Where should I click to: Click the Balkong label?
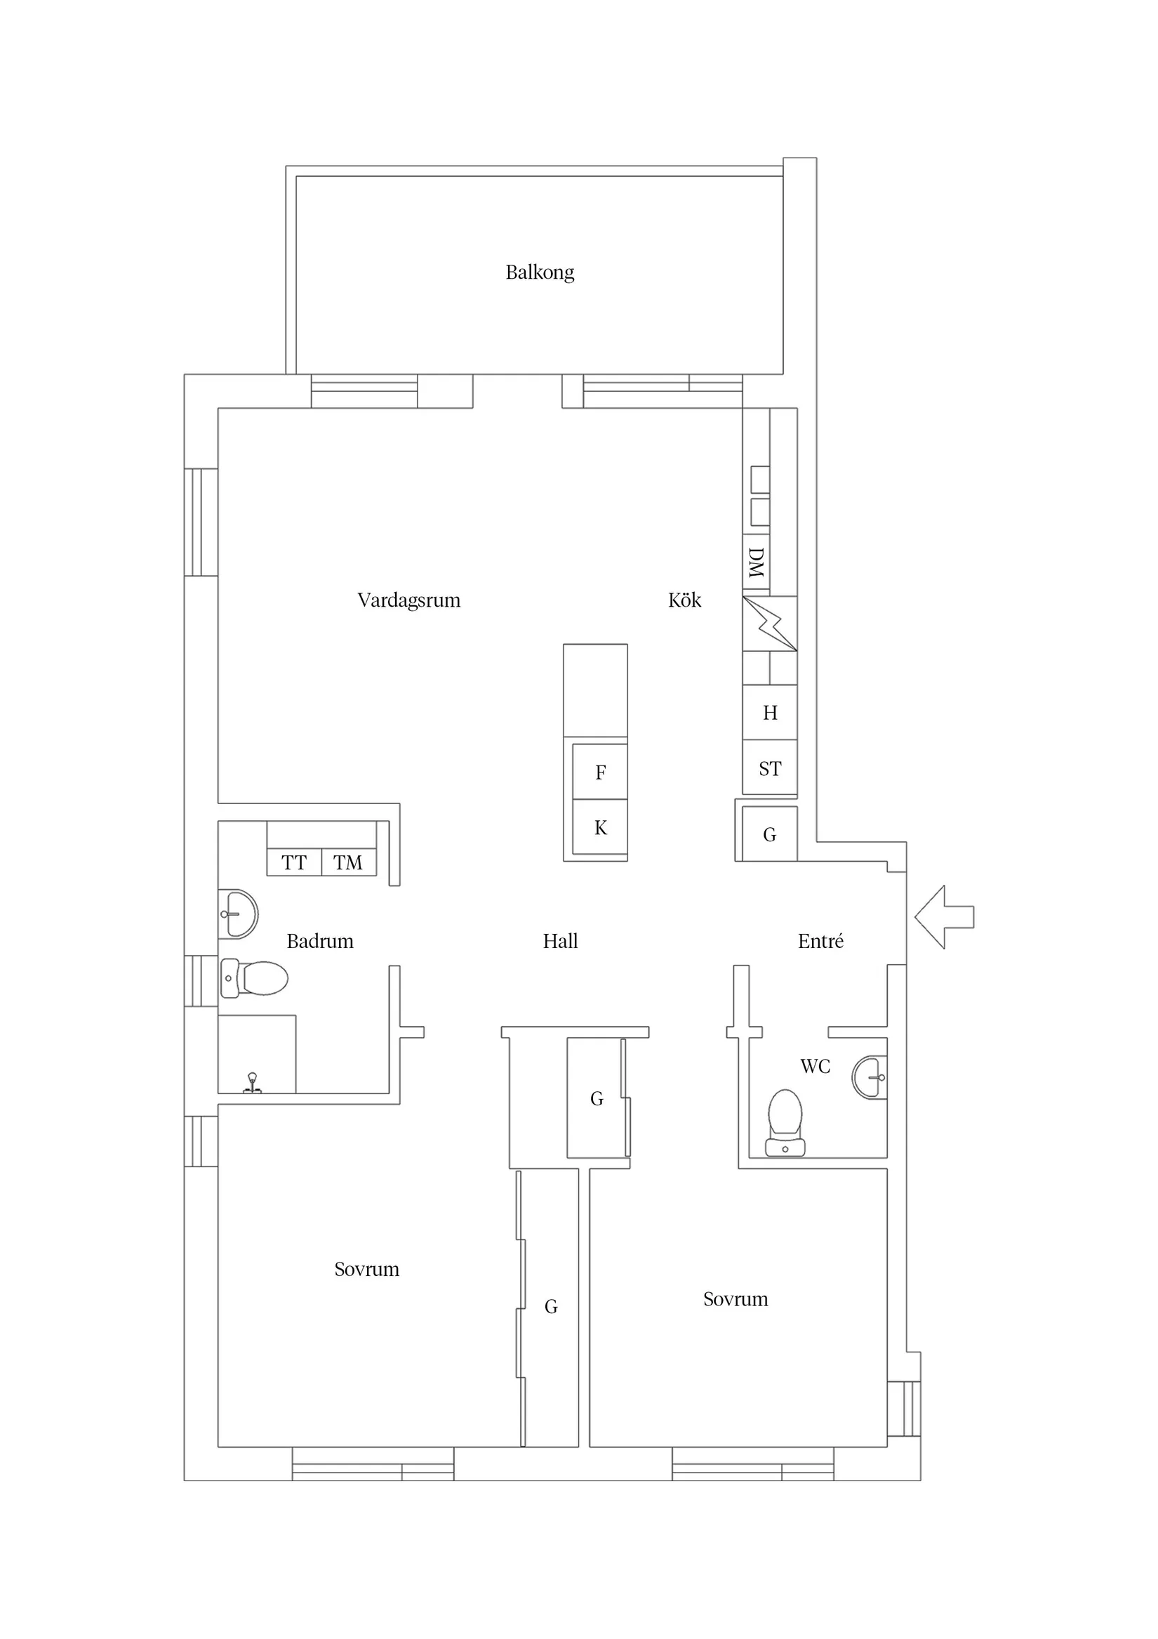(x=540, y=272)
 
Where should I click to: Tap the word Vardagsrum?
(x=408, y=600)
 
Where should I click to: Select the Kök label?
(x=684, y=600)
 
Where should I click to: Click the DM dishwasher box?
(x=756, y=562)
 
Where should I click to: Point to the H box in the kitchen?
(x=769, y=713)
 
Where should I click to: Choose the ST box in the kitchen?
(x=769, y=768)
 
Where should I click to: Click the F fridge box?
(x=600, y=772)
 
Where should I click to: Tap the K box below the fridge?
(x=600, y=827)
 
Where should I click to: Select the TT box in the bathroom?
(x=293, y=862)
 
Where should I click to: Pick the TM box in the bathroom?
(x=348, y=862)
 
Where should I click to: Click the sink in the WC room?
(x=870, y=1077)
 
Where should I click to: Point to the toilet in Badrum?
(x=255, y=978)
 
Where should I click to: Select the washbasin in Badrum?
(x=238, y=914)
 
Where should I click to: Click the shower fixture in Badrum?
(x=252, y=1083)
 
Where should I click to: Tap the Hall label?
(x=560, y=941)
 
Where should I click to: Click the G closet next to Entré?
(x=769, y=834)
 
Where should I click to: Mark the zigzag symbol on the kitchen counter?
(x=769, y=623)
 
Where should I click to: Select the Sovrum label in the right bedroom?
(x=735, y=1298)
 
